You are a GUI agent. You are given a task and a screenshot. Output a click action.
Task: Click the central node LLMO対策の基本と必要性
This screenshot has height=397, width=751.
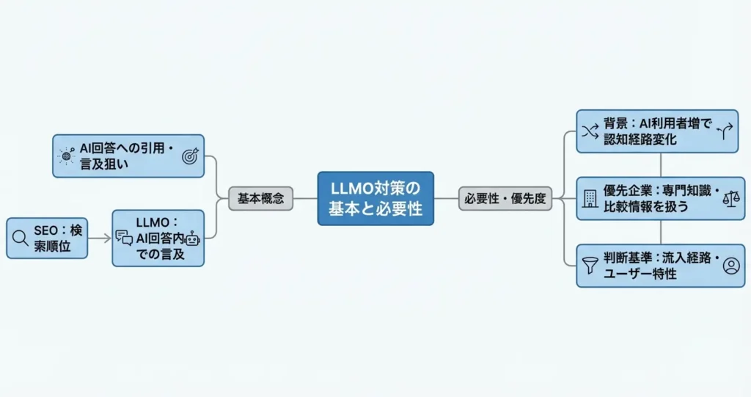tap(375, 198)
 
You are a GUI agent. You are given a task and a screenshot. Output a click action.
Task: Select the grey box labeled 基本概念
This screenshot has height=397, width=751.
tap(260, 198)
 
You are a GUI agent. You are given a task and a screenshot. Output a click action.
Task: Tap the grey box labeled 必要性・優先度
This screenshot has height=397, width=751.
tap(505, 198)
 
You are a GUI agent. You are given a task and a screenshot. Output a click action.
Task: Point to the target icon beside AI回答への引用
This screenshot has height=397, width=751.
tap(190, 156)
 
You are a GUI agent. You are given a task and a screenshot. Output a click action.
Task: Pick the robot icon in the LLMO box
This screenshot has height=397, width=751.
tap(193, 238)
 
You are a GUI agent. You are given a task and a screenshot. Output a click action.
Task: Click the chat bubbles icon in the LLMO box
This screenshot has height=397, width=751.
tap(124, 237)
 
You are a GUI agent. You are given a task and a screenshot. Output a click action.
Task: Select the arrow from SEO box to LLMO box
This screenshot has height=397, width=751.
tap(100, 237)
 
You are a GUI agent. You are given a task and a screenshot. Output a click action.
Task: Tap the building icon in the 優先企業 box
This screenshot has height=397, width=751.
tap(590, 198)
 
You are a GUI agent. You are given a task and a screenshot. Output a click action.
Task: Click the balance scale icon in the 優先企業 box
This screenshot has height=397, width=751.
tap(731, 198)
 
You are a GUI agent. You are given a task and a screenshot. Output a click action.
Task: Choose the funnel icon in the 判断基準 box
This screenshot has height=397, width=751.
tap(589, 266)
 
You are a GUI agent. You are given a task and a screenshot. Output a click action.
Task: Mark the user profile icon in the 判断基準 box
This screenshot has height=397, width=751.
tap(731, 266)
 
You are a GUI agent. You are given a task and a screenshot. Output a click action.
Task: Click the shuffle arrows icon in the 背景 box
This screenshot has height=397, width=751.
tap(590, 131)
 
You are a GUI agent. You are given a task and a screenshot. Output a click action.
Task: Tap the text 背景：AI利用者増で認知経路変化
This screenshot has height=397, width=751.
tap(655, 131)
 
